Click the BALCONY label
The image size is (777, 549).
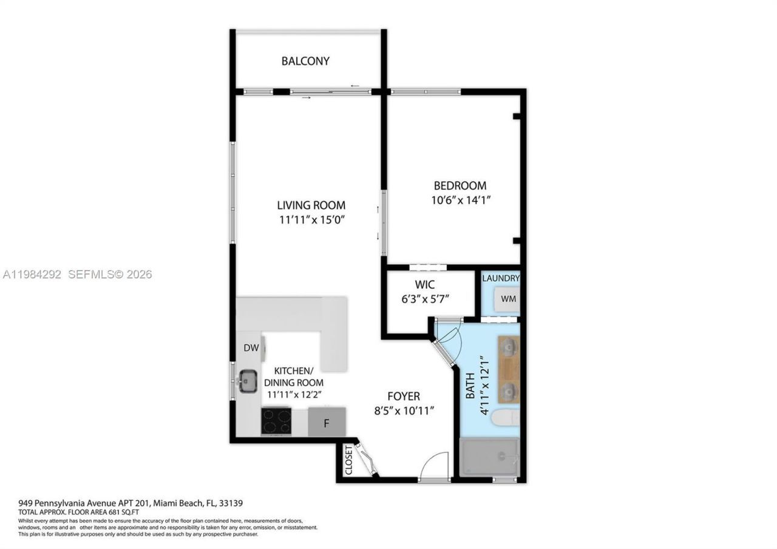point(305,61)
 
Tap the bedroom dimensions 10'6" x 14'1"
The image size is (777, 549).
point(460,199)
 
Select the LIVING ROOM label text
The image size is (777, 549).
point(311,205)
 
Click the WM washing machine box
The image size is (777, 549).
point(508,299)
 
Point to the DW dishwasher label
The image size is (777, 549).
point(251,348)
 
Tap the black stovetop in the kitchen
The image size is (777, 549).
point(276,420)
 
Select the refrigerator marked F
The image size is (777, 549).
point(327,423)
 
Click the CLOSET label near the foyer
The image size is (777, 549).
point(348,460)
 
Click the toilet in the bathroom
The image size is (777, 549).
point(504,418)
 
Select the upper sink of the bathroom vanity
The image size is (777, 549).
point(508,346)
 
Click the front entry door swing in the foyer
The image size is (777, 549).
point(435,466)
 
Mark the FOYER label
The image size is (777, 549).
point(404,396)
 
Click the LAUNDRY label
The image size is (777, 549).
point(501,278)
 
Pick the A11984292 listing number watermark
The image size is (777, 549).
point(32,274)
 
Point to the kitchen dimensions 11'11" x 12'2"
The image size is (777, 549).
point(294,394)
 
